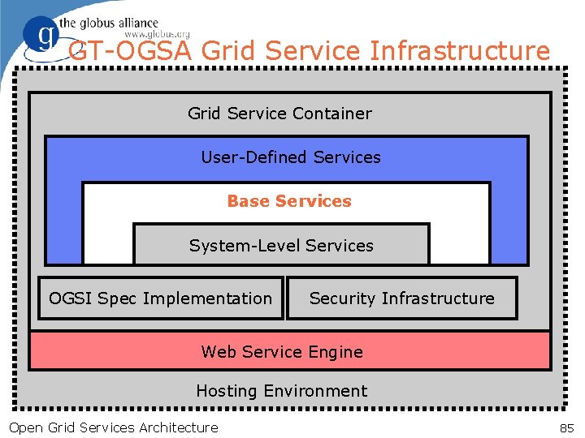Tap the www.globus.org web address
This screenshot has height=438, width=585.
tap(158, 34)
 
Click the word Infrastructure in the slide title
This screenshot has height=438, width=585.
tap(460, 52)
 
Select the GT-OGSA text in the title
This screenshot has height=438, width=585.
tap(130, 52)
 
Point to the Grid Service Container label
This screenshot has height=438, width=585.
tap(279, 114)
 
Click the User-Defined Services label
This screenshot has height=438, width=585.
tap(291, 157)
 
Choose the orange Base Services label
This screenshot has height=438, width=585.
tap(289, 201)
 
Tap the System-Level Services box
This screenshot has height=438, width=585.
tap(281, 245)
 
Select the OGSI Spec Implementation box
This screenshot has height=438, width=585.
tap(161, 298)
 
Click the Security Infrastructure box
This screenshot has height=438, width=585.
tap(401, 298)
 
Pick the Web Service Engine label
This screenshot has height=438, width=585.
tap(282, 352)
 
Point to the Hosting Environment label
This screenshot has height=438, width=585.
tap(281, 391)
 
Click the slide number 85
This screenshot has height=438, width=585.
tap(566, 427)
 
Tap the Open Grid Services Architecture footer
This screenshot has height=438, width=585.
tap(113, 427)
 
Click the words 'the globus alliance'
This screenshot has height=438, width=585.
tap(108, 23)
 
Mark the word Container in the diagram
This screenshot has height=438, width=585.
tap(335, 114)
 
